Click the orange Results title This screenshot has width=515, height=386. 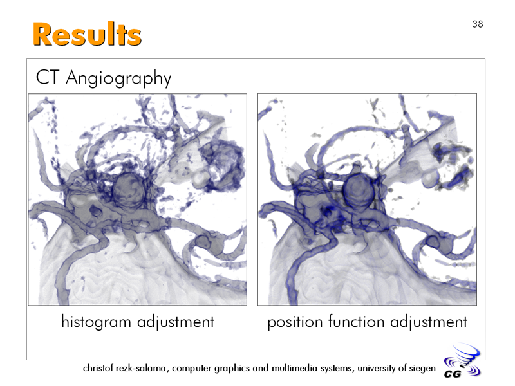87,34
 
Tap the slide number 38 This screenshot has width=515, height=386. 478,24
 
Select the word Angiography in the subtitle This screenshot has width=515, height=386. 118,78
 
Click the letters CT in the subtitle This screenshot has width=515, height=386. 48,77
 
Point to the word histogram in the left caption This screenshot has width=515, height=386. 96,322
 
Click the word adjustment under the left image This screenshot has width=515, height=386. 176,322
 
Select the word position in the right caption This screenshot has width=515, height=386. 295,322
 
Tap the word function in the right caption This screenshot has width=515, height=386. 356,321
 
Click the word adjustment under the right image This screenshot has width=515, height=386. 429,322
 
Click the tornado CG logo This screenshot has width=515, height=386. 462,361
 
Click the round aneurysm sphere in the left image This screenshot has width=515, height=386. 129,190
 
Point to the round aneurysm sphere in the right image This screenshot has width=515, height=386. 359,190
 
